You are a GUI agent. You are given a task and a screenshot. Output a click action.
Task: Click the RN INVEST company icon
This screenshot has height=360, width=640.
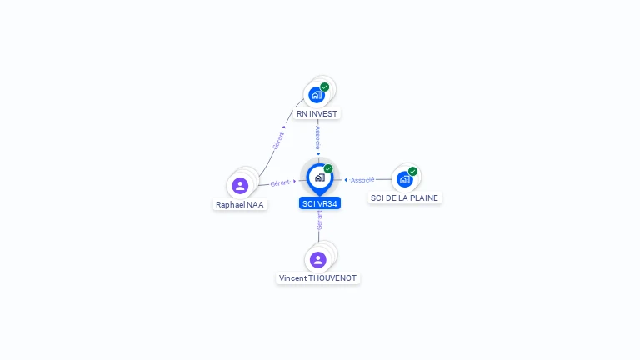[317, 94]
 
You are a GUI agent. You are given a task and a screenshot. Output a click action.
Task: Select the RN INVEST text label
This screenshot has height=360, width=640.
[318, 113]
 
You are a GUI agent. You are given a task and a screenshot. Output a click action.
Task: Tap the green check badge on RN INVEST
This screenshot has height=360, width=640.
[325, 87]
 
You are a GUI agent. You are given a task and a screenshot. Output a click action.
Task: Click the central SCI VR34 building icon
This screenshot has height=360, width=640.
[319, 177]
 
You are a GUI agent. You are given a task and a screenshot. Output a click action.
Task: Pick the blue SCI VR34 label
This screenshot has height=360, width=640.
[320, 203]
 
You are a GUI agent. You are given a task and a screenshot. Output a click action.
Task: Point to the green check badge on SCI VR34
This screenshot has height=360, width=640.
[328, 168]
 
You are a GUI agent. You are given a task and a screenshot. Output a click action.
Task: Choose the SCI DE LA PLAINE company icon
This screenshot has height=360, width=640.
[404, 178]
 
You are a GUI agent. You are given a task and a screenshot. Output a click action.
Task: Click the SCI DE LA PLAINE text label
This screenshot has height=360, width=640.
[404, 197]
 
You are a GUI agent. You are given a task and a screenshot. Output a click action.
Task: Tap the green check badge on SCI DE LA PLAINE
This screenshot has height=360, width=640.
[412, 171]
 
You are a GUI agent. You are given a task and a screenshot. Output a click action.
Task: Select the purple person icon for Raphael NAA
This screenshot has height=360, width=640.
[240, 185]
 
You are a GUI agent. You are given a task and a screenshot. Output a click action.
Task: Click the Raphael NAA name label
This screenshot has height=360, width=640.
[241, 204]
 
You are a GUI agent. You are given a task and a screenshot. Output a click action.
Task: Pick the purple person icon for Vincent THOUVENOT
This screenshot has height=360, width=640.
[318, 259]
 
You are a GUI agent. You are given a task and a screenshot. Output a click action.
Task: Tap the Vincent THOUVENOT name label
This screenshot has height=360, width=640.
[318, 278]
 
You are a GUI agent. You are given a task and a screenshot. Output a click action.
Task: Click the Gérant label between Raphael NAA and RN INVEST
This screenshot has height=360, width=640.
[278, 139]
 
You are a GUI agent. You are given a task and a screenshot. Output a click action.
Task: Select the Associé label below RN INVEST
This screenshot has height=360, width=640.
[318, 137]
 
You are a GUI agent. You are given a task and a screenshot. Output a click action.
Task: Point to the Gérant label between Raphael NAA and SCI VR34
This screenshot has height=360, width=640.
[280, 182]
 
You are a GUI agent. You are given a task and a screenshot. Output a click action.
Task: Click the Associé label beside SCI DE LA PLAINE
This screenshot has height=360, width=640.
[362, 180]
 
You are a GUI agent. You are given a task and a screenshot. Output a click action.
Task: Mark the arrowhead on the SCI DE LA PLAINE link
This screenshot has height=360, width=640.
[346, 180]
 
